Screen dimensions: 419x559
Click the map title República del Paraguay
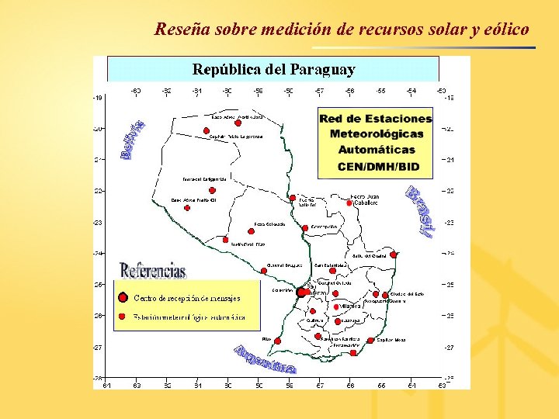pos(273,69)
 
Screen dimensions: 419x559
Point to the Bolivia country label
pos(133,140)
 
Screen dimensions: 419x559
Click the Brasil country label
pos(419,212)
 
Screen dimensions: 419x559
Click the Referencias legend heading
pos(153,270)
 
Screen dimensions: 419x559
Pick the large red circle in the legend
pos(123,297)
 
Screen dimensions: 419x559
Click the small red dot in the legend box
pos(123,317)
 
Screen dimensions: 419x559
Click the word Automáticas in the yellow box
pos(377,149)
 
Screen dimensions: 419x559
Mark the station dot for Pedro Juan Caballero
pos(349,203)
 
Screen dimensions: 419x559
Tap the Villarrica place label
pos(349,306)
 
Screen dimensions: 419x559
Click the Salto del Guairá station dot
pos(394,254)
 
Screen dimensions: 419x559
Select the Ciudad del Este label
pos(408,294)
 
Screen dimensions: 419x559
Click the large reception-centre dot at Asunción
pos(301,293)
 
